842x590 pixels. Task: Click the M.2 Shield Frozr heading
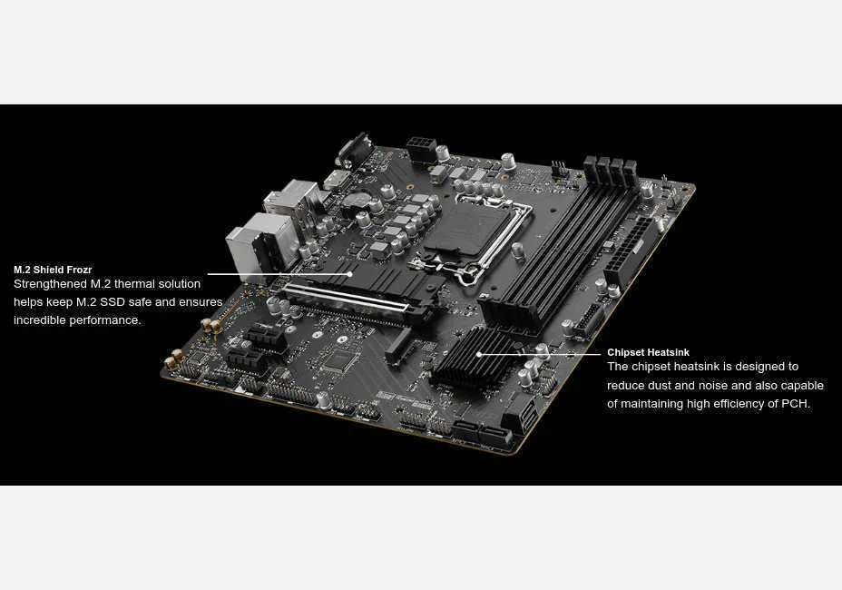point(53,270)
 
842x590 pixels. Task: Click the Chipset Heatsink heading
point(648,352)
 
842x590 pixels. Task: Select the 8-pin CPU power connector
point(421,148)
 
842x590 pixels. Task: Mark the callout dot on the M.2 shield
point(350,273)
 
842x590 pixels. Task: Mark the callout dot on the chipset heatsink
point(479,354)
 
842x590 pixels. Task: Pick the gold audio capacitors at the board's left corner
point(193,340)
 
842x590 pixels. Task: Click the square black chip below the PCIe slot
point(338,360)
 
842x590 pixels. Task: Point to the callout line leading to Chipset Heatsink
point(540,354)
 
